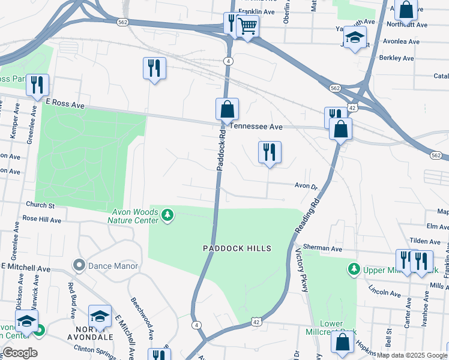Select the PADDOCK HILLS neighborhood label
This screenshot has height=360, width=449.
pyautogui.click(x=237, y=248)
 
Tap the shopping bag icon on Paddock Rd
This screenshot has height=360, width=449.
pyautogui.click(x=227, y=110)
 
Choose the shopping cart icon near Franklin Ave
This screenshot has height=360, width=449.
pyautogui.click(x=247, y=26)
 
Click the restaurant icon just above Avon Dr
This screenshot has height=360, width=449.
pyautogui.click(x=270, y=152)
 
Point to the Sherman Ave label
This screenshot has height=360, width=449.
pyautogui.click(x=322, y=248)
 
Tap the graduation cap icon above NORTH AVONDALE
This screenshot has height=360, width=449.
pyautogui.click(x=100, y=316)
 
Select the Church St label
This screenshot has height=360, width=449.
pyautogui.click(x=40, y=206)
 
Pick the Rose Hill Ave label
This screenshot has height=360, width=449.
pyautogui.click(x=42, y=220)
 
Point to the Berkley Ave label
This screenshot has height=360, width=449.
pyautogui.click(x=397, y=58)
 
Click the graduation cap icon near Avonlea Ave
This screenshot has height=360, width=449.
pyautogui.click(x=355, y=38)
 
